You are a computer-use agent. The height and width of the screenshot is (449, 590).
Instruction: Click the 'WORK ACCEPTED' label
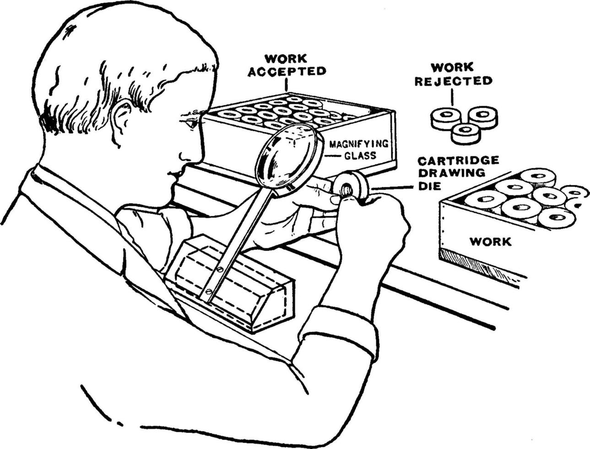point(287,65)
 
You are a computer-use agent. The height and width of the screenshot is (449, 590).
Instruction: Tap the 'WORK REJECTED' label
point(453,74)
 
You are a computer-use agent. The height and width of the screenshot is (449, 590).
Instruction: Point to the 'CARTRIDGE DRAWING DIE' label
point(458,173)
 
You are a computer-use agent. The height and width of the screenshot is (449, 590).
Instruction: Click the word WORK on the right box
point(490,241)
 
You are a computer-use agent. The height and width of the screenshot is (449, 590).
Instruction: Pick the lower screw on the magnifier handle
point(209,291)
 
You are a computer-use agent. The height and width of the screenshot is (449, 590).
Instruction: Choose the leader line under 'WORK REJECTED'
point(452,97)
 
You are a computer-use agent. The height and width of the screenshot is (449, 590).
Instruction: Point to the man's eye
point(190,122)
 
